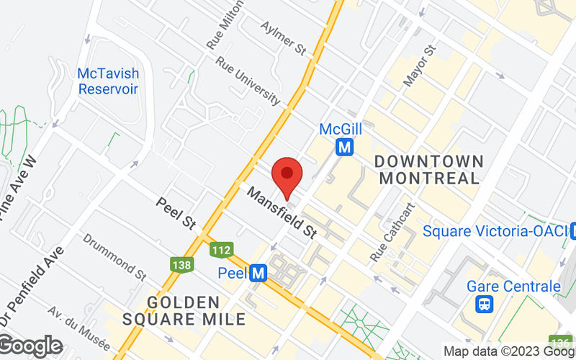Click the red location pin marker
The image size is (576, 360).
point(288,175)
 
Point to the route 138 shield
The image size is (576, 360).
point(181,265)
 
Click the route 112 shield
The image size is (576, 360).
point(222,250)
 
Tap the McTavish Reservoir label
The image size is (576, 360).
point(108,81)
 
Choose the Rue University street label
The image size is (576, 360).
point(247,81)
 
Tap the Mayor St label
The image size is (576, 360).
point(419,66)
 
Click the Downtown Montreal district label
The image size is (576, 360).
point(429,169)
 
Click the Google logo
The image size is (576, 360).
point(31,346)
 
